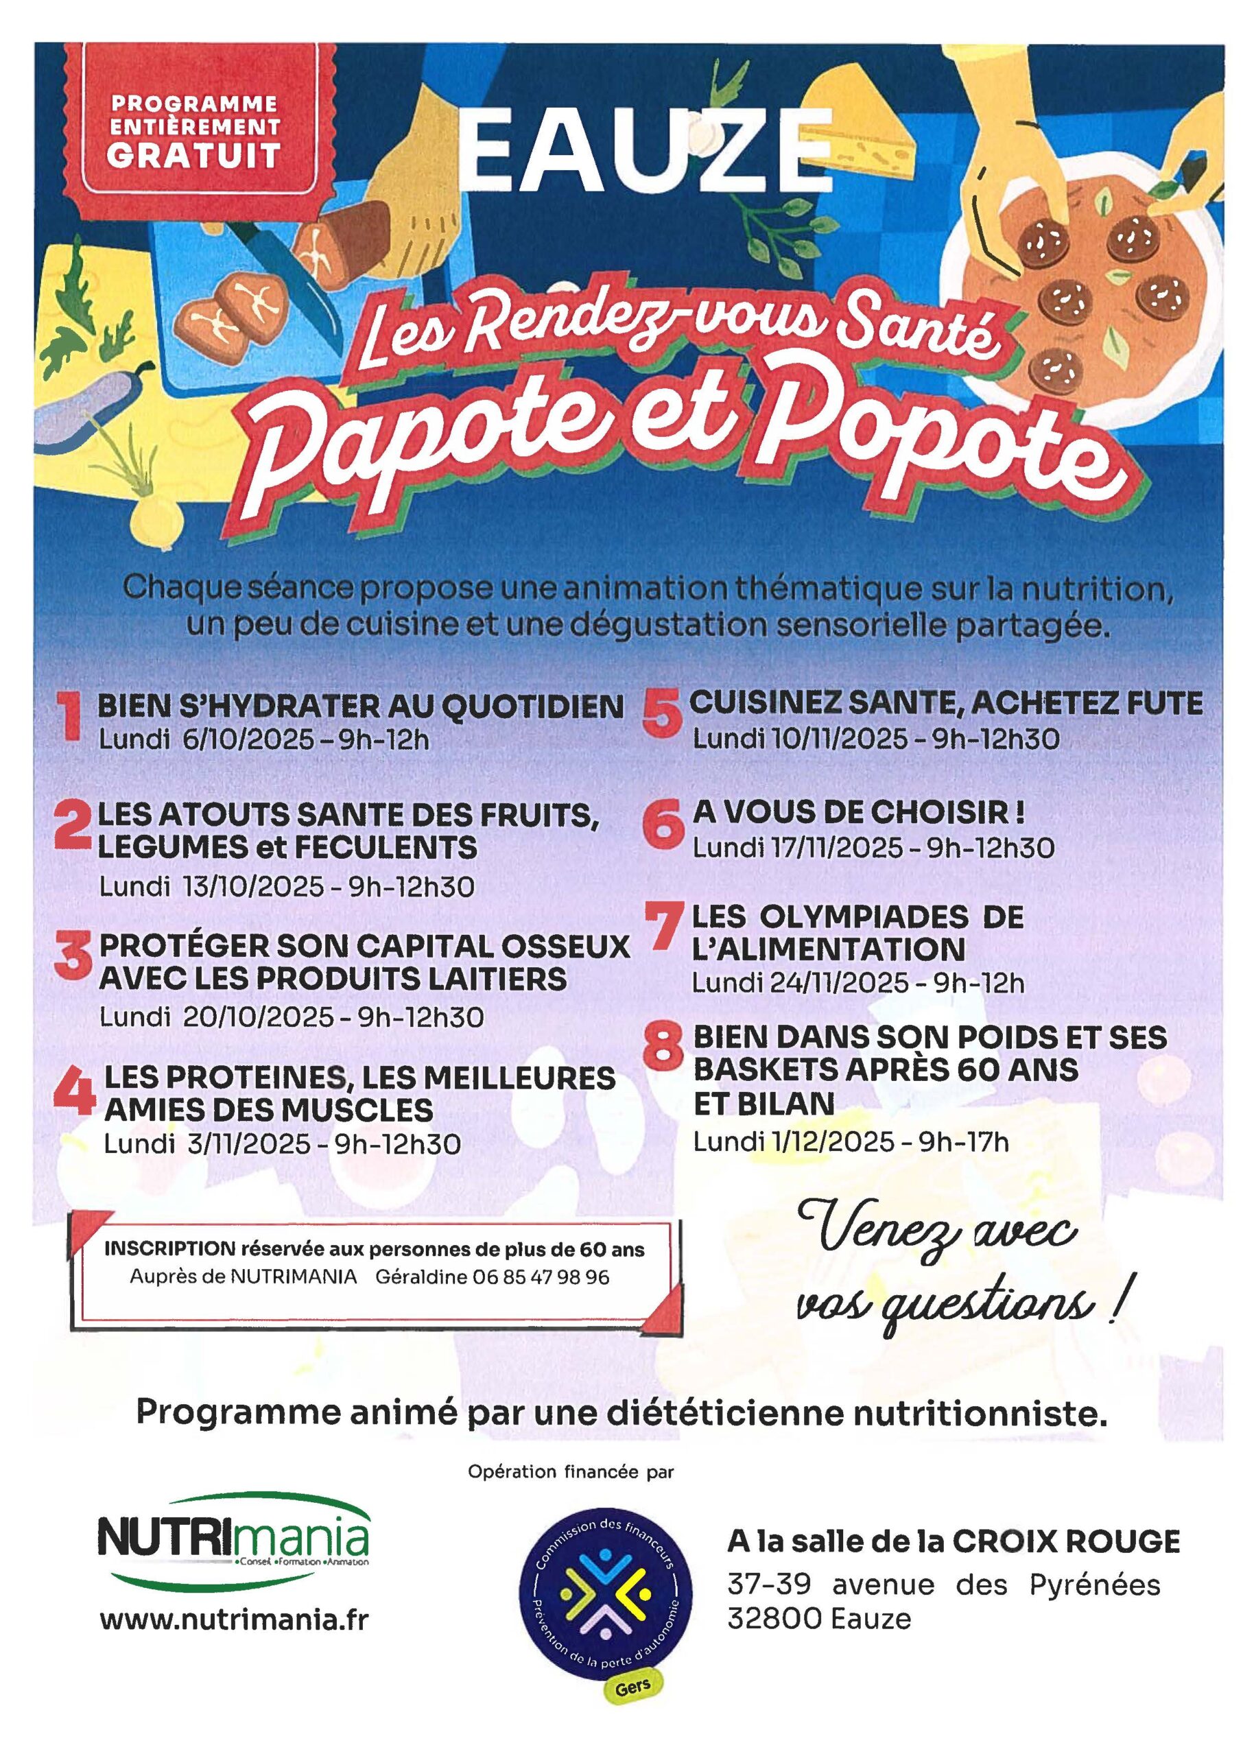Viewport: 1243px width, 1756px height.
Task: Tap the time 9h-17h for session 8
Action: pos(964,1141)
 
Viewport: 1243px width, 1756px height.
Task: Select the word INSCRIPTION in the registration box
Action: pos(170,1248)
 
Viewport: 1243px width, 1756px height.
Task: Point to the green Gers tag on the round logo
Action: pos(632,1685)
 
